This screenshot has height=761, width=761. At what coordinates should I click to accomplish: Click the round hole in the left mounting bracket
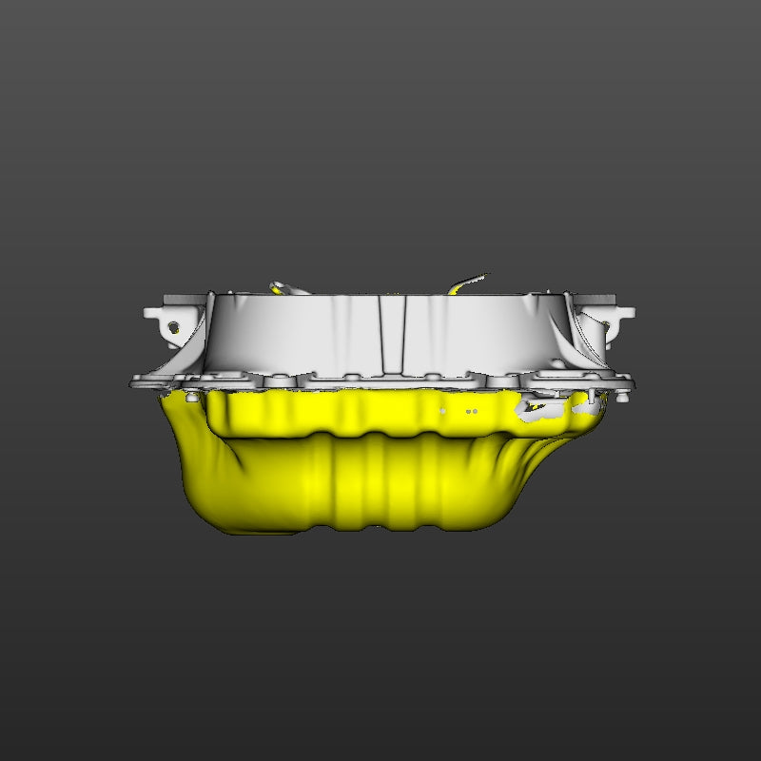coord(174,327)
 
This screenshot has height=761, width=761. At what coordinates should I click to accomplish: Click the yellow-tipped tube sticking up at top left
coord(280,286)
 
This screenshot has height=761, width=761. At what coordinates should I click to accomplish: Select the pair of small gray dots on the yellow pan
coord(471,411)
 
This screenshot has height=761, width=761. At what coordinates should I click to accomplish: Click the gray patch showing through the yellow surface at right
coord(533,410)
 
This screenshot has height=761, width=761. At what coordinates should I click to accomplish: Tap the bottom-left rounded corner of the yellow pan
coord(214,518)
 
